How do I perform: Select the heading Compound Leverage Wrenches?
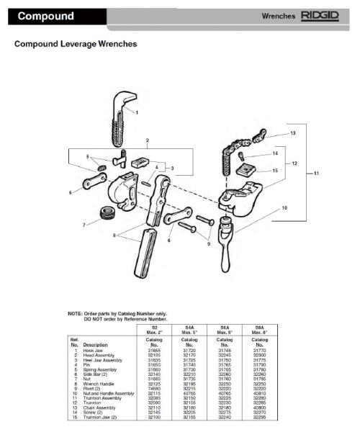click(76, 45)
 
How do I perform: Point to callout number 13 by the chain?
click(292, 133)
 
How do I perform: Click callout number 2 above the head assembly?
click(147, 140)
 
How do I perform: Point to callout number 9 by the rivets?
click(210, 244)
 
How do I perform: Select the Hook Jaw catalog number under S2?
click(154, 350)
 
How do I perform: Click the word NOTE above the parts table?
click(74, 313)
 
